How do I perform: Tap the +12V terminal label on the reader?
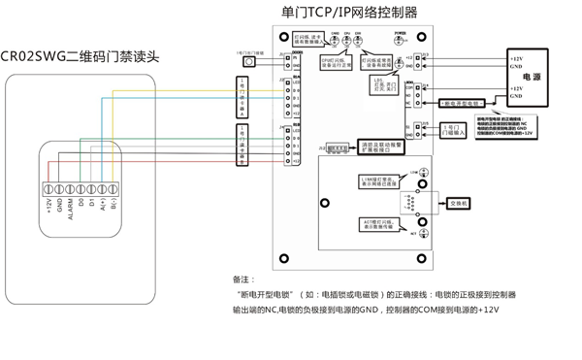[x=48, y=208]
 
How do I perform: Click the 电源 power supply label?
[x=533, y=76]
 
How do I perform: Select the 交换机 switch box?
[x=459, y=205]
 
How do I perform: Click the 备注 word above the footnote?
[x=243, y=278]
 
